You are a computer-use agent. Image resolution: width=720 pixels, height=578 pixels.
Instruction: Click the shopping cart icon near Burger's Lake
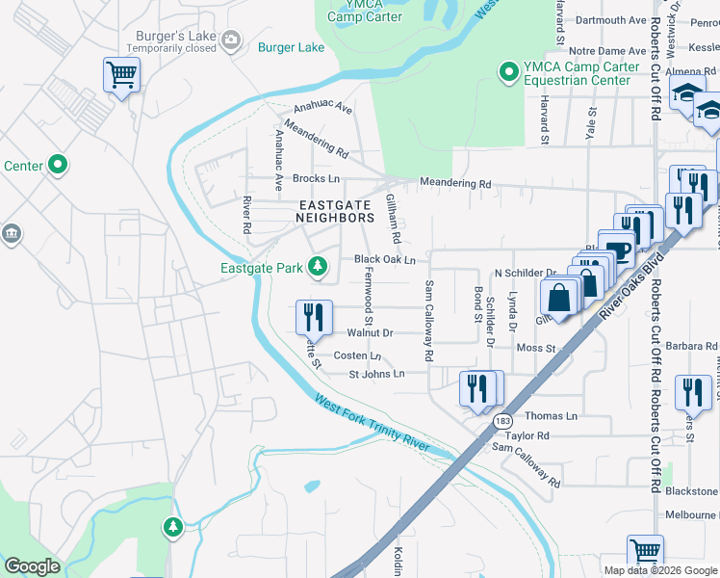[x=121, y=74]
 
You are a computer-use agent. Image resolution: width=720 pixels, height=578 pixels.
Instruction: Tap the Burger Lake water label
[x=291, y=46]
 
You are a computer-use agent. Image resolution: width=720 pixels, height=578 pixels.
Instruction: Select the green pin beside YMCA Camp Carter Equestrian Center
[x=507, y=71]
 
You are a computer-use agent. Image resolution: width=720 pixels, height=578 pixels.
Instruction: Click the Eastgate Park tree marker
[x=316, y=267]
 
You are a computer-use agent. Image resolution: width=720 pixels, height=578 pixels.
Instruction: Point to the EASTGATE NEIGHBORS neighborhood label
[x=336, y=212]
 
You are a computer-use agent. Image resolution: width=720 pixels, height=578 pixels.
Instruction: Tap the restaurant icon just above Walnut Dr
[x=314, y=315]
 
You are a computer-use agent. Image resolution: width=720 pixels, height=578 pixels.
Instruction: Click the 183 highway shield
[x=501, y=421]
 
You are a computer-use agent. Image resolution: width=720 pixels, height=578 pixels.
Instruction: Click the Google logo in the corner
[x=32, y=566]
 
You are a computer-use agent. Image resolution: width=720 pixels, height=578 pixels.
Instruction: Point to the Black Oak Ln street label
[x=384, y=259]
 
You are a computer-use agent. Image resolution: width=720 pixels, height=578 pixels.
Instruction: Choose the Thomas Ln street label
[x=551, y=416]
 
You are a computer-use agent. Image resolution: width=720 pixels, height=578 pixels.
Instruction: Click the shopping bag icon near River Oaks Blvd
[x=559, y=297]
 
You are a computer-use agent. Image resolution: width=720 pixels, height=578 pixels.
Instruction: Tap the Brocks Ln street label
[x=316, y=179]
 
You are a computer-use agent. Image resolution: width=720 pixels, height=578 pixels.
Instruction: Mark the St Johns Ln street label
[x=376, y=374]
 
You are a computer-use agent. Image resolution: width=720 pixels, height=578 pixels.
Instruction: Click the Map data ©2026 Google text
[x=660, y=570]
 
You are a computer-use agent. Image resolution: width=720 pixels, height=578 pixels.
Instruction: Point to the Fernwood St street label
[x=367, y=296]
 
